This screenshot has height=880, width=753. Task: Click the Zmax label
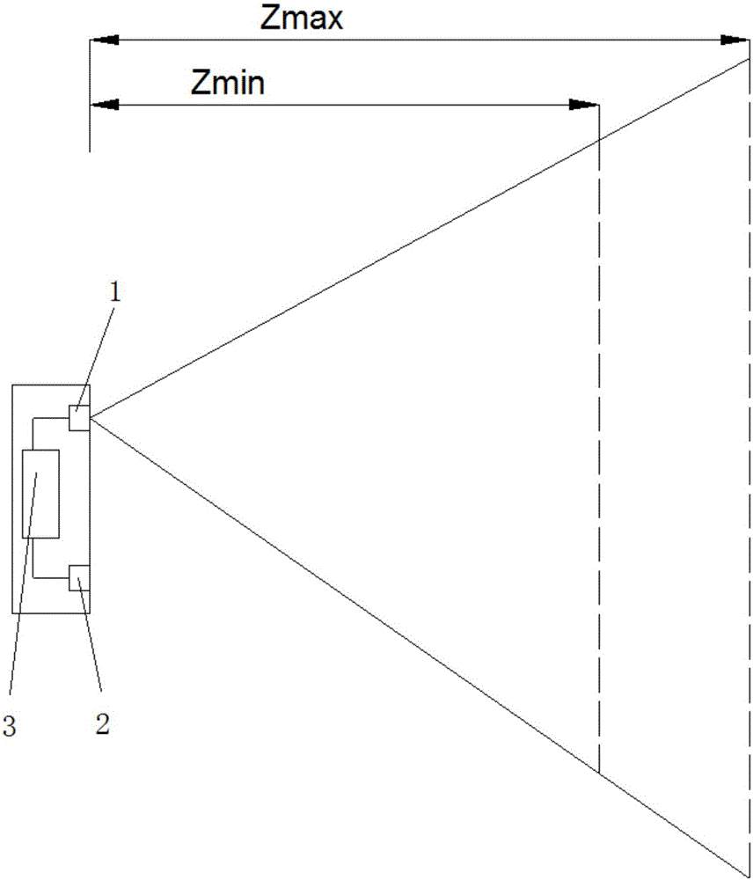[302, 19]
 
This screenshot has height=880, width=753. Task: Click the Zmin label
[227, 84]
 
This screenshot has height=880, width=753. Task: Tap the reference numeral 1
[114, 292]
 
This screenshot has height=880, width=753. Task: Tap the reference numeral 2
[103, 724]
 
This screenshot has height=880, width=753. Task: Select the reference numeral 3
[9, 726]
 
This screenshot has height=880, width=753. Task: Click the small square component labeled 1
[79, 418]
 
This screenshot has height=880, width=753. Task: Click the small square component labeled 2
[79, 577]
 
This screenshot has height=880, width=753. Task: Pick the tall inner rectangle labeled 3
[40, 494]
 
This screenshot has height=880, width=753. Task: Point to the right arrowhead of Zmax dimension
[735, 40]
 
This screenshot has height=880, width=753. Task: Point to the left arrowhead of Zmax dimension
[104, 40]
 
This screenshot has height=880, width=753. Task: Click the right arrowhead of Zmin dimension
[585, 105]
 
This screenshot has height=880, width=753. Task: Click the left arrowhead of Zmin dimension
[104, 105]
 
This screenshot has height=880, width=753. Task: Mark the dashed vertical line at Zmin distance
[599, 437]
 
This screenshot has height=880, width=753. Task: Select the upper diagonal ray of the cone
[419, 238]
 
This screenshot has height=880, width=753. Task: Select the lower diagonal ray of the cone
[419, 647]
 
